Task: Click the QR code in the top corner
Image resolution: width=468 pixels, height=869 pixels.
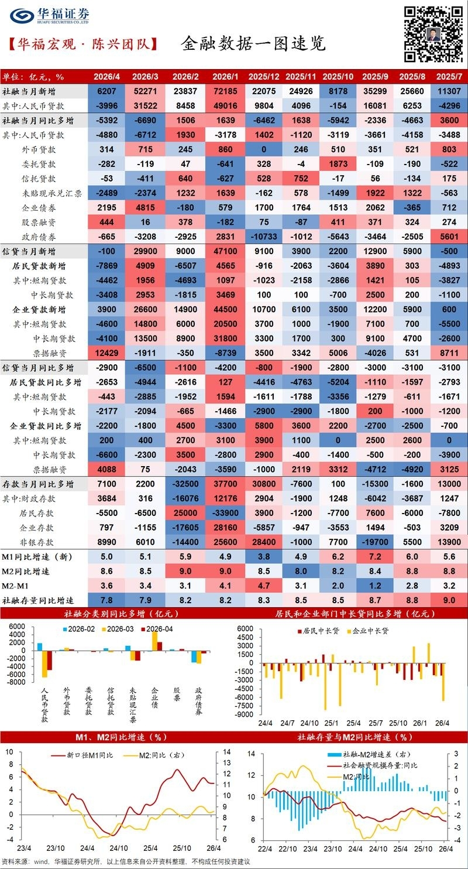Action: [433, 34]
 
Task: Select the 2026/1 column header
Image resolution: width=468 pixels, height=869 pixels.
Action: [225, 77]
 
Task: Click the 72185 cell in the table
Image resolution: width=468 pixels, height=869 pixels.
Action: [225, 91]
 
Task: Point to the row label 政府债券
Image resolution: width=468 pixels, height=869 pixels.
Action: [39, 237]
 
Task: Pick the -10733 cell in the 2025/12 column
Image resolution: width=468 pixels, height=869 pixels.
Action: [264, 237]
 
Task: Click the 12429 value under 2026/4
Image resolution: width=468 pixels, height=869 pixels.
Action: [106, 353]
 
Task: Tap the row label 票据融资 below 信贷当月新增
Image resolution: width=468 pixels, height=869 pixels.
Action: [50, 353]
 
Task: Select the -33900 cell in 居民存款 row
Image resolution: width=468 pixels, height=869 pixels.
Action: [225, 513]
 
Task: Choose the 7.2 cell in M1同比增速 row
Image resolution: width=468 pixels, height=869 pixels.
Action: [375, 557]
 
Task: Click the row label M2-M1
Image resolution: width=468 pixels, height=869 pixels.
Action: [15, 586]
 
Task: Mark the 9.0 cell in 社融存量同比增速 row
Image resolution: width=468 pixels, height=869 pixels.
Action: [449, 600]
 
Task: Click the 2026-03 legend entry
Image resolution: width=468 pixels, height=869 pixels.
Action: [118, 629]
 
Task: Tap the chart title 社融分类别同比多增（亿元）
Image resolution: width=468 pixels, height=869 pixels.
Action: [122, 614]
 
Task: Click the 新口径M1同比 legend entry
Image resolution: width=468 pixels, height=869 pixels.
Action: [82, 755]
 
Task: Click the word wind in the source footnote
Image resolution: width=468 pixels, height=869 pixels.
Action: [41, 861]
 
